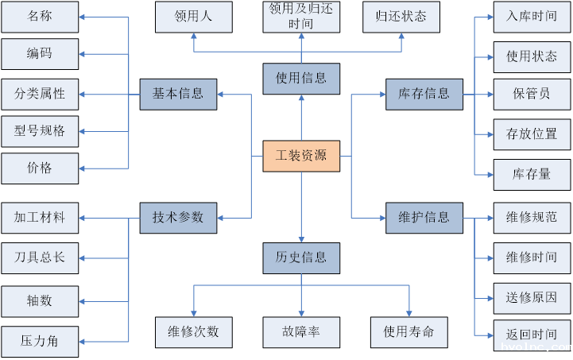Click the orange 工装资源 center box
(x=301, y=156)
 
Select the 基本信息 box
(x=178, y=94)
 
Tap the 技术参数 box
(x=178, y=217)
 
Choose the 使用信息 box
(x=301, y=79)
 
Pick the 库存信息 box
(x=424, y=94)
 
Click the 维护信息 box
(x=424, y=217)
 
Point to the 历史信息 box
(x=301, y=257)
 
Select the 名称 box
(x=40, y=16)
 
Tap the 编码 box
(x=40, y=54)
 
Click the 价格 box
(x=40, y=168)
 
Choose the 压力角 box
(x=40, y=342)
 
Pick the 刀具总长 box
(x=40, y=258)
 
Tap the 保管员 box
(x=532, y=94)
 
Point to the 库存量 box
(x=532, y=174)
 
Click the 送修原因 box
(x=532, y=298)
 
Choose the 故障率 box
(x=301, y=331)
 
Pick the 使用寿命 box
(x=408, y=331)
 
